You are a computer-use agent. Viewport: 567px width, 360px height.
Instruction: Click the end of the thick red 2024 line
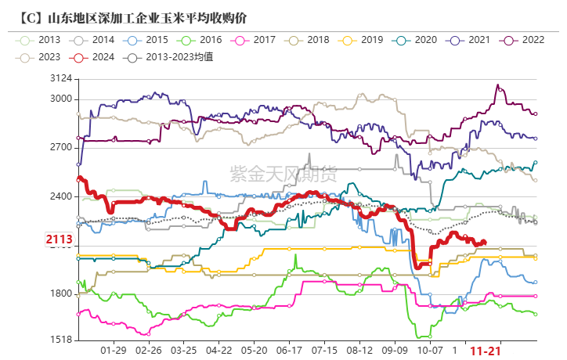485,242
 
